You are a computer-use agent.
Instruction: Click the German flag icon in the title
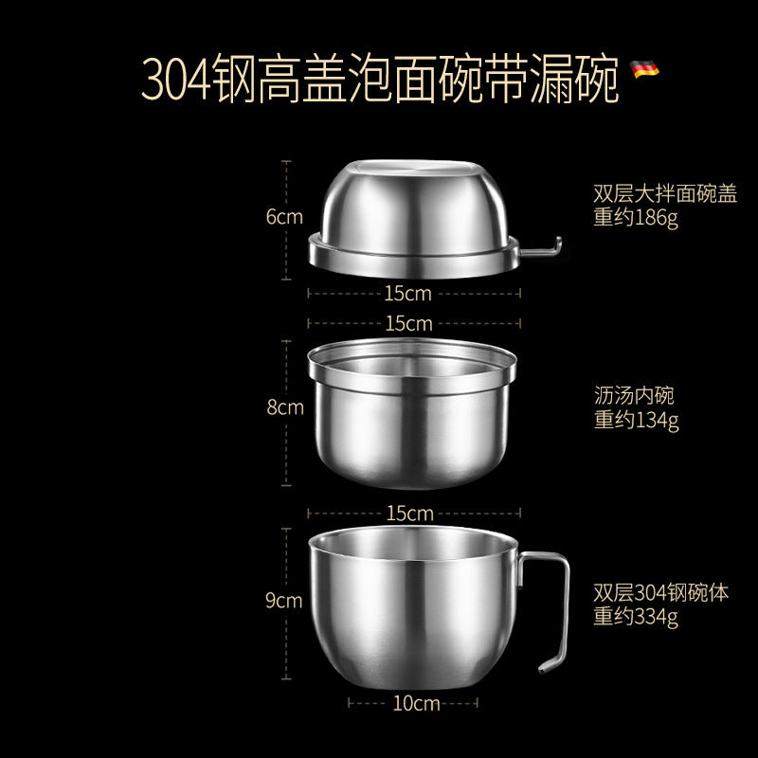(x=645, y=70)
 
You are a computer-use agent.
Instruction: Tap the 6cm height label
(x=284, y=217)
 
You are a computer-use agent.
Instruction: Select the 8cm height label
(x=285, y=407)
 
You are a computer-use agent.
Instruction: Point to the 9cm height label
(x=284, y=601)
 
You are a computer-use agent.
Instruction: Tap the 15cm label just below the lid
(x=408, y=294)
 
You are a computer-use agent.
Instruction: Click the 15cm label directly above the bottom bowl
(x=408, y=513)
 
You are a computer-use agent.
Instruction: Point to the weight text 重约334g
(x=637, y=618)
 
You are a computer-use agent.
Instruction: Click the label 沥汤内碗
(x=634, y=396)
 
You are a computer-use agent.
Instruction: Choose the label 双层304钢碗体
(x=661, y=594)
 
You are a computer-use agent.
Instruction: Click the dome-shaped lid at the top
(x=412, y=213)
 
